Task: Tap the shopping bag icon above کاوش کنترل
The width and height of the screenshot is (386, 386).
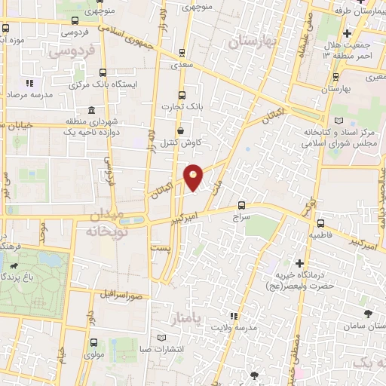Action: (x=180, y=130)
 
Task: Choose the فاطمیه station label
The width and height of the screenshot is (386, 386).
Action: (x=320, y=235)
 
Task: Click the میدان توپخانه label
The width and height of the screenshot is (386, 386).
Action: (x=109, y=224)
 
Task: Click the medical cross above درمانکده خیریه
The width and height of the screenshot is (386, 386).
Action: (x=300, y=264)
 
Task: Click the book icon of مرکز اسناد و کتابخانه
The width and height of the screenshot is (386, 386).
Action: (x=338, y=121)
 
